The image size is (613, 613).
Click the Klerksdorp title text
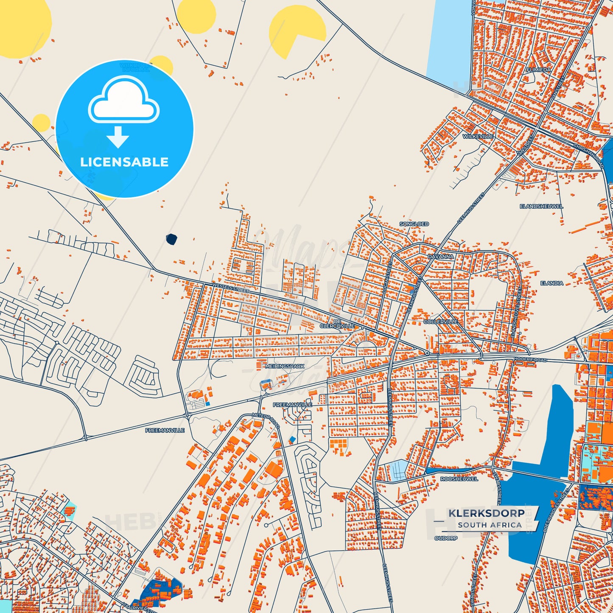click(486, 512)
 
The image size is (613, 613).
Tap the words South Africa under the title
click(490, 525)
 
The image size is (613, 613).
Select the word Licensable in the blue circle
click(124, 162)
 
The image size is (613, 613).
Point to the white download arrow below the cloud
click(118, 137)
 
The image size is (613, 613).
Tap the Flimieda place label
click(538, 70)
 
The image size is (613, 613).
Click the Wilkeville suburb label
click(478, 136)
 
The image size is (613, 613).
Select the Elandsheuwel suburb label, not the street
click(541, 206)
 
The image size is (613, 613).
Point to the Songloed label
click(414, 224)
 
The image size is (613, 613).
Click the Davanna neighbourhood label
click(440, 257)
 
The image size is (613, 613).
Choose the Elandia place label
click(551, 283)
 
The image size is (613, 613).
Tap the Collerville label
click(441, 322)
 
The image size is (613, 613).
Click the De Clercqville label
click(337, 324)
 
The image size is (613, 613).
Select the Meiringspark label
click(285, 366)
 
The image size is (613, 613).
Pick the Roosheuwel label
click(459, 479)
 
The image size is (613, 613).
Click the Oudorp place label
click(446, 538)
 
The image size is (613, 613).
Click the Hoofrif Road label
click(530, 359)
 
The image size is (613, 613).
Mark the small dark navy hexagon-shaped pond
click(171, 239)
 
